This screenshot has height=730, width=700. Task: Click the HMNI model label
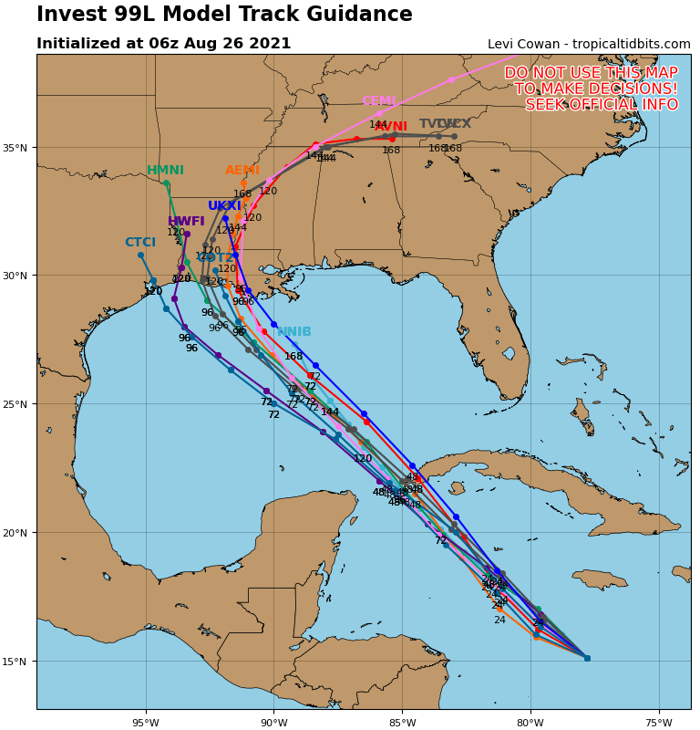pos(165,171)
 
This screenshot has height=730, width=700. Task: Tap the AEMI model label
pos(242,171)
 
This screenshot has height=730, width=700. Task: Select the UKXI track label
pos(224,206)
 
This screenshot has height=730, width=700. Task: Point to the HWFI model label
pos(186,222)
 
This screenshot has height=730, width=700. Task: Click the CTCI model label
pos(140,243)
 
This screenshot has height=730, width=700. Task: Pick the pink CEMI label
pos(379,101)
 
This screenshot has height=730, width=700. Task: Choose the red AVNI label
pos(391,127)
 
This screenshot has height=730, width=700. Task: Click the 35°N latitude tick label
pos(16,148)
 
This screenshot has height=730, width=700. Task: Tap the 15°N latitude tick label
pos(16,662)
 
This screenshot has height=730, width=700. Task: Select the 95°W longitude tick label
pos(146,724)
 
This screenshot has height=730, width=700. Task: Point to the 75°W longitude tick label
pos(659,724)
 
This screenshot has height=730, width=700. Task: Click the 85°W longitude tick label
pos(402,724)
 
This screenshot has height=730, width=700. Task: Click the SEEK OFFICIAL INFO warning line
pos(602,105)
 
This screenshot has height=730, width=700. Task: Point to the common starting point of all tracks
pos(587,658)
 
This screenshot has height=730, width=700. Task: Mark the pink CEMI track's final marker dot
pos(451,79)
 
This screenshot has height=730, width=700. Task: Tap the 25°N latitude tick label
pos(16,404)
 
